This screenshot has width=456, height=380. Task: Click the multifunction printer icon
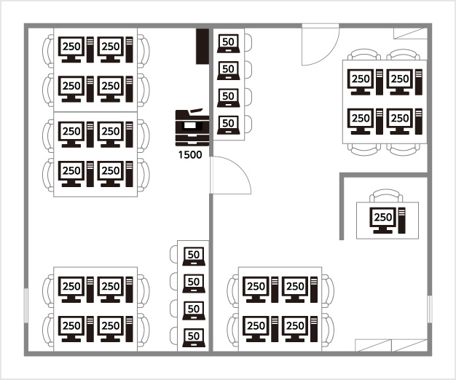[x=192, y=127]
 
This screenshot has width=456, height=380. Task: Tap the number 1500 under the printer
[x=190, y=155]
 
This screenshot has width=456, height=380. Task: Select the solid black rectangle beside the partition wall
[x=203, y=46]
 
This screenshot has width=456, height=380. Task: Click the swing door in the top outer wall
[x=321, y=45]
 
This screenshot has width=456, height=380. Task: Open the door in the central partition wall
[x=230, y=175]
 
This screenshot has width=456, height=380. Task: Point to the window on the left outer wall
[x=26, y=305]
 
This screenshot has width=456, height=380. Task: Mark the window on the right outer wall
[x=430, y=309]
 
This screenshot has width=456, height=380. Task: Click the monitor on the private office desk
[x=382, y=221]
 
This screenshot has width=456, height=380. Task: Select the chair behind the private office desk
[x=386, y=196]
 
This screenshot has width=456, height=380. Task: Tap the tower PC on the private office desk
[x=401, y=221]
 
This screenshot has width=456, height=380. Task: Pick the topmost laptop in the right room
[x=229, y=43]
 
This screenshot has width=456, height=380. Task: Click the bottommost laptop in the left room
[x=194, y=338]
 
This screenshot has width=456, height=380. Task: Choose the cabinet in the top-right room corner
[x=410, y=33]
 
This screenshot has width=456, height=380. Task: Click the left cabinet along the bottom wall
[x=373, y=345]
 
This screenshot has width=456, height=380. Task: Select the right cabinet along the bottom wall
[x=409, y=345]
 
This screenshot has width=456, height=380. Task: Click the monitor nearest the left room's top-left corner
[x=71, y=50]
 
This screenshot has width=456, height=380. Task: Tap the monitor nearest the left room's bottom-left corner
[x=71, y=328]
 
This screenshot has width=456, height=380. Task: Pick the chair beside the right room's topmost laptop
[x=248, y=43]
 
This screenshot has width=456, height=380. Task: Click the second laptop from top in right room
[x=229, y=71]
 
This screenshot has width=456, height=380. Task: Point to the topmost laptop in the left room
[x=194, y=256]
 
